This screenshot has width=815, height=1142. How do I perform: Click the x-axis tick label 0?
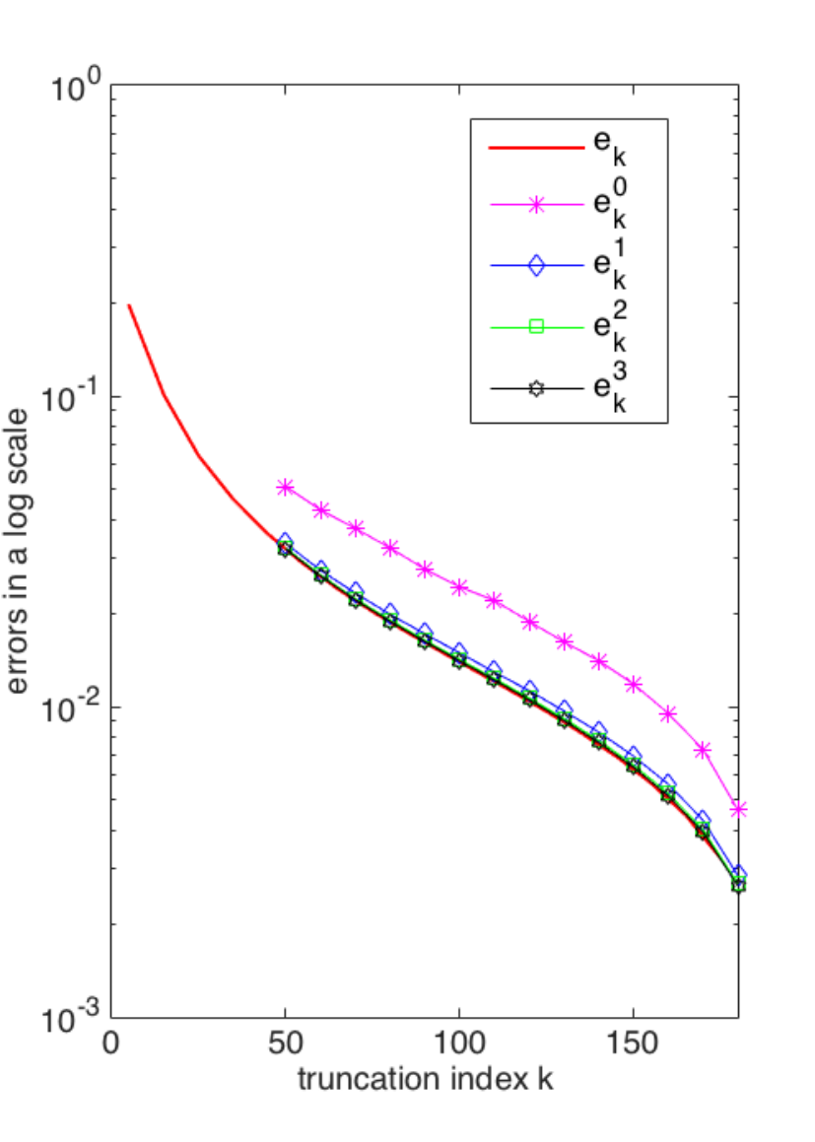click(x=110, y=1042)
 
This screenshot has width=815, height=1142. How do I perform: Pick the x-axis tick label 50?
click(x=285, y=1042)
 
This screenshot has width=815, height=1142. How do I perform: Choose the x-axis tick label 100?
click(x=459, y=1042)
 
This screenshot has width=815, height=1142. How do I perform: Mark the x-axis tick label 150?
click(x=633, y=1042)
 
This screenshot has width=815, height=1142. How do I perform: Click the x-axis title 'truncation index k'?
click(x=426, y=1079)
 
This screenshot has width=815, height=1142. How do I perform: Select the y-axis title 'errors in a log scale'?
click(x=17, y=551)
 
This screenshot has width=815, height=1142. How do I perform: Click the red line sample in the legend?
click(x=537, y=148)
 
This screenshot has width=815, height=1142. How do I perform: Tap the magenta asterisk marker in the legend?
click(x=537, y=205)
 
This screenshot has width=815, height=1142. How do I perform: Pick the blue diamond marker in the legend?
click(x=537, y=265)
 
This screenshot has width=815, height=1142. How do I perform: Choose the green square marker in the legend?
click(x=537, y=326)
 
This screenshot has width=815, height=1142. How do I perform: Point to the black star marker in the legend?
click(x=537, y=388)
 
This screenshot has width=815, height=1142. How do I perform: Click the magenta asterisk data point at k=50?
click(x=286, y=487)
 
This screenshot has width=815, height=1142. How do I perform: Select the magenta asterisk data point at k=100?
click(x=459, y=587)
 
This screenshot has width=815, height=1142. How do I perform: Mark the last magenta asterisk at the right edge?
click(x=738, y=809)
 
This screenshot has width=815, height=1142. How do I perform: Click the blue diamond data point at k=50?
click(x=286, y=543)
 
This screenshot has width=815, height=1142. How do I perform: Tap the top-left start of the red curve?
click(x=129, y=305)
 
